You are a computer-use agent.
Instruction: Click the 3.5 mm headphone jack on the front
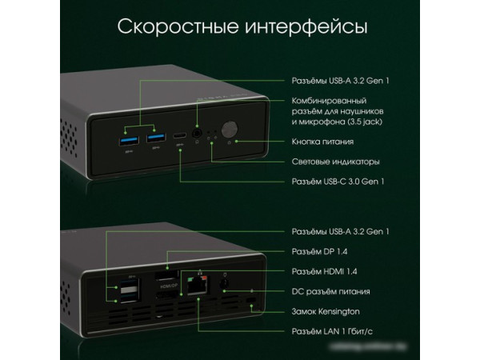(197, 126)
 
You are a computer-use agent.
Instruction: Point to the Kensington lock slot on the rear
(253, 303)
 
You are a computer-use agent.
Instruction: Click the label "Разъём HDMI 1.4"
(324, 271)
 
